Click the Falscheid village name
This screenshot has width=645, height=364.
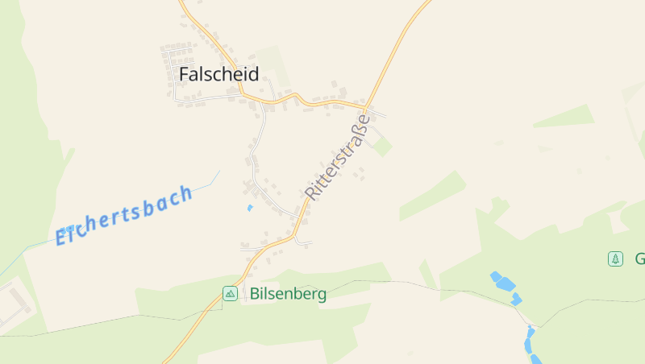pyautogui.click(x=218, y=74)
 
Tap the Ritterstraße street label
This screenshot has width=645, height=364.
pyautogui.click(x=338, y=157)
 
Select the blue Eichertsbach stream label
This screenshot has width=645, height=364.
pyautogui.click(x=124, y=215)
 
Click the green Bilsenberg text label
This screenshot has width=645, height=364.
pyautogui.click(x=288, y=294)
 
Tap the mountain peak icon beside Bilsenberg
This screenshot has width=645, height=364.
pyautogui.click(x=230, y=294)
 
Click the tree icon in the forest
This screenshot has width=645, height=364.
pyautogui.click(x=615, y=259)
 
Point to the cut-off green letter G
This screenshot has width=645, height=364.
pyautogui.click(x=639, y=259)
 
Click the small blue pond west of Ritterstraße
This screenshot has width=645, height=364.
pyautogui.click(x=250, y=208)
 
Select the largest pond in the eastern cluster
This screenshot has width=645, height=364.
pyautogui.click(x=505, y=283)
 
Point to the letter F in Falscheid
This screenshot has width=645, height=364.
pyautogui.click(x=185, y=74)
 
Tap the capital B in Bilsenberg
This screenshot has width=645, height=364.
pyautogui.click(x=256, y=294)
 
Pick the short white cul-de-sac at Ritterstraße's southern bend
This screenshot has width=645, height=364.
pyautogui.click(x=304, y=242)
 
